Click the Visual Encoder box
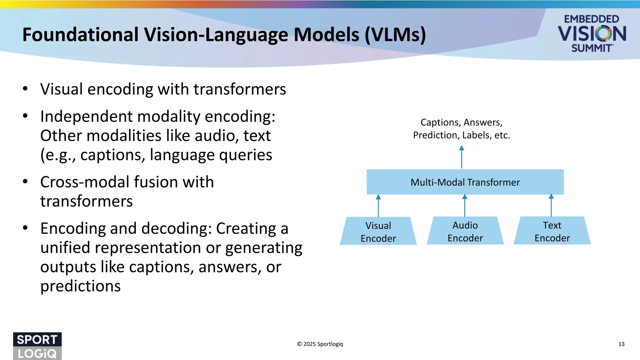(x=378, y=231)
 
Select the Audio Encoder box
(x=465, y=231)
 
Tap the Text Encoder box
(x=552, y=231)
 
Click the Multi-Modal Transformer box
(x=465, y=182)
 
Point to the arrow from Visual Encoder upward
(x=378, y=206)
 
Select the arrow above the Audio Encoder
(x=465, y=206)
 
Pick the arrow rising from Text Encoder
(x=551, y=206)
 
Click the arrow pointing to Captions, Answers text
(x=462, y=157)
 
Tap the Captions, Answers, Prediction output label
(x=461, y=128)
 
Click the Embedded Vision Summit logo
(x=592, y=33)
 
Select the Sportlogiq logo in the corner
(x=37, y=346)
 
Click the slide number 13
(x=621, y=344)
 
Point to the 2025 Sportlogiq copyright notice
(x=320, y=344)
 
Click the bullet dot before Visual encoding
(x=25, y=89)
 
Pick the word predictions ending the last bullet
(x=80, y=286)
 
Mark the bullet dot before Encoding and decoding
(x=25, y=228)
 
